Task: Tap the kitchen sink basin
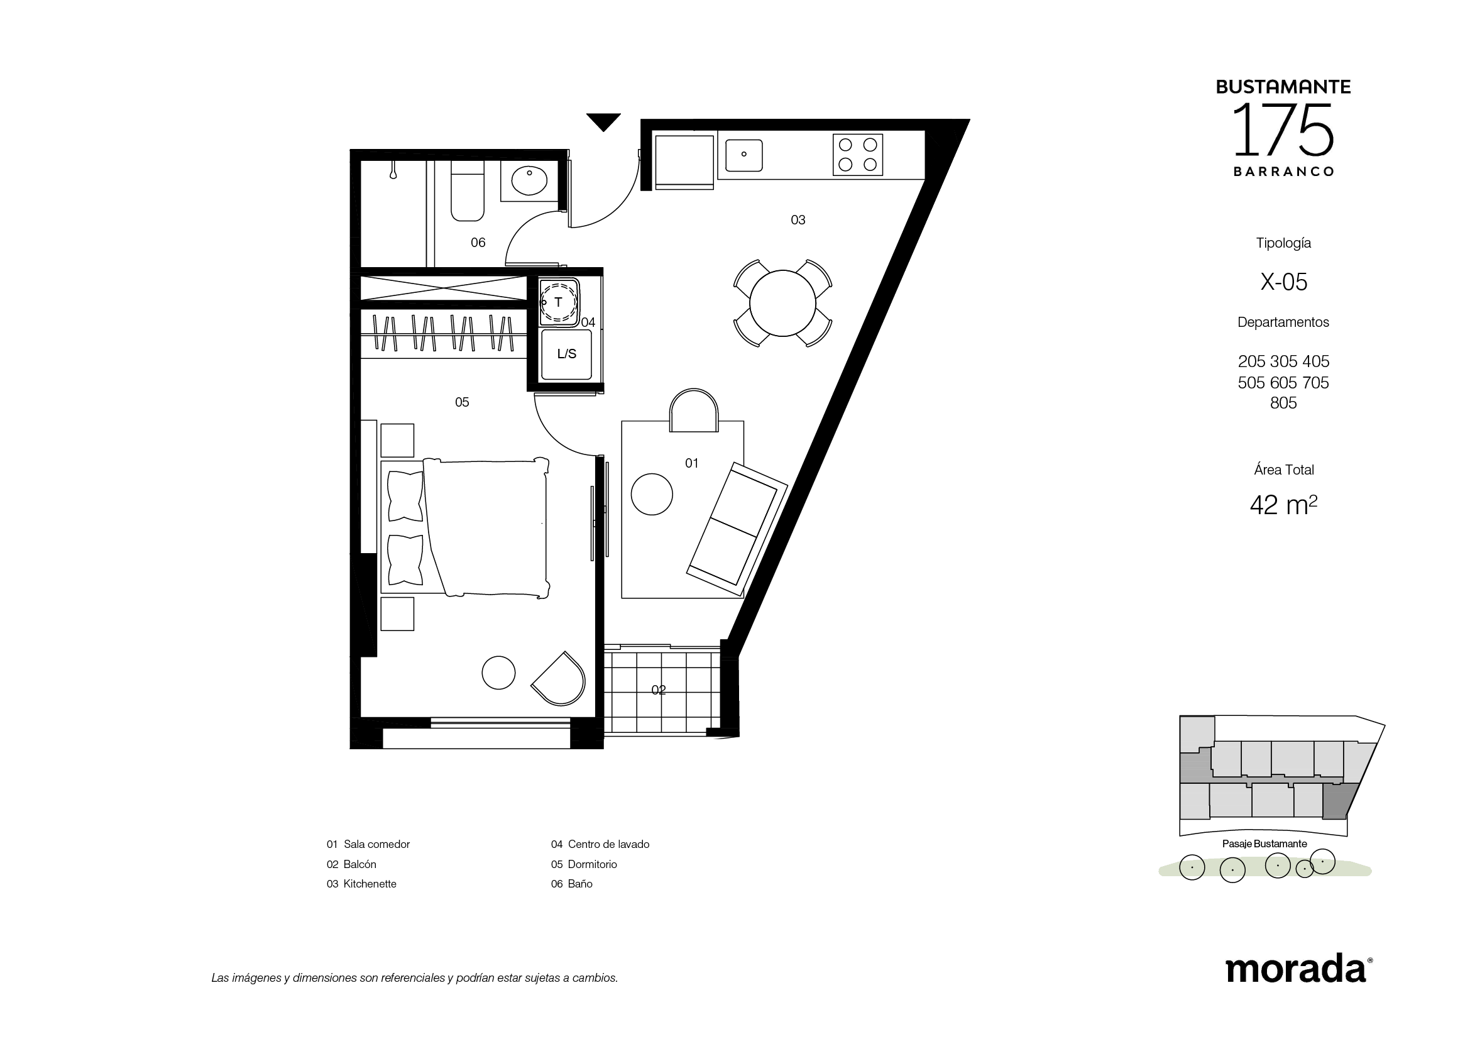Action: pos(743,155)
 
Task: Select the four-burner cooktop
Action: pos(857,154)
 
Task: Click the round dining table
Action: pos(782,303)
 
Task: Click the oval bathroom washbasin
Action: pos(529,180)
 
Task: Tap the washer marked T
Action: pos(559,302)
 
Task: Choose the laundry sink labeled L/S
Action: pos(566,354)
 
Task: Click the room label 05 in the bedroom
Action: pos(462,402)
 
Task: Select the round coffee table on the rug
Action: pos(652,493)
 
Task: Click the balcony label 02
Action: pos(658,690)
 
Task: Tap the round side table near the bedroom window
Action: pos(498,673)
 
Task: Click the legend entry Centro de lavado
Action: pos(608,844)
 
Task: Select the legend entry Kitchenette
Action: pos(370,884)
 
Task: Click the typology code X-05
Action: pos(1284,282)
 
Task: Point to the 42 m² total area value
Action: pos(1283,505)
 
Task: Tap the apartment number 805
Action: pos(1283,403)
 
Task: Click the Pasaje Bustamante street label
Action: pos(1264,844)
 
